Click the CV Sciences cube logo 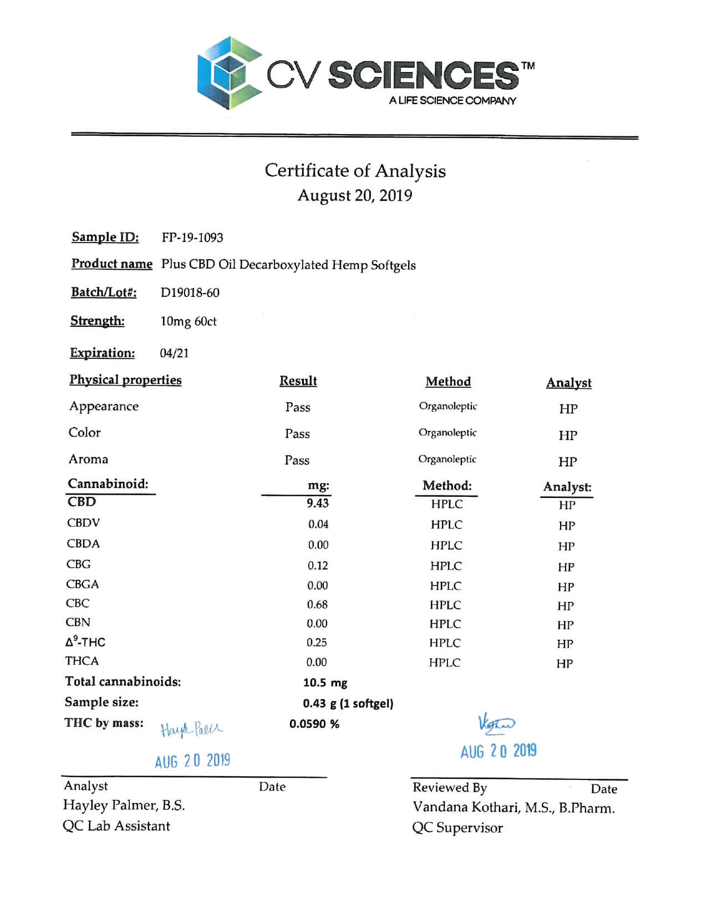[x=228, y=73]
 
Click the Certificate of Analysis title [x=355, y=171]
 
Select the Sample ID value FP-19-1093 [x=192, y=238]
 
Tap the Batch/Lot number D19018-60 [x=190, y=292]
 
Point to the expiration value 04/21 [x=174, y=353]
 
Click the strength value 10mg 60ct [x=189, y=321]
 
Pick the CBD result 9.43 [x=318, y=503]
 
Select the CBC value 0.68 [x=317, y=604]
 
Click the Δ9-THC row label [x=85, y=642]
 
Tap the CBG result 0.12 [x=318, y=566]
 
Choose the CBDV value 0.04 [x=318, y=524]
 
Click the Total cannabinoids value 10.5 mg [x=325, y=682]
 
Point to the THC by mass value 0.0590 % [x=314, y=724]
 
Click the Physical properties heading [x=125, y=380]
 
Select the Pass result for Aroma [x=297, y=460]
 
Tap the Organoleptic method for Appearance [x=448, y=406]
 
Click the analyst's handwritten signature [x=191, y=729]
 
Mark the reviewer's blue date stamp [x=499, y=751]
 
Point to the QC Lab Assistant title [x=116, y=826]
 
